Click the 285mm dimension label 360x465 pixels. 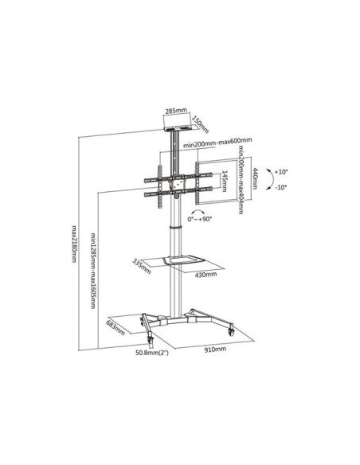pyautogui.click(x=176, y=111)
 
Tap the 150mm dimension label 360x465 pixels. pyautogui.click(x=201, y=124)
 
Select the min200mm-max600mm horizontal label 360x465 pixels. pyautogui.click(x=217, y=143)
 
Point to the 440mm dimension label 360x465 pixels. pyautogui.click(x=254, y=178)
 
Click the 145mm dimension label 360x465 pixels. pyautogui.click(x=225, y=181)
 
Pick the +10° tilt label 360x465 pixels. pyautogui.click(x=281, y=172)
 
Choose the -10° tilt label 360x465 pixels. pyautogui.click(x=280, y=187)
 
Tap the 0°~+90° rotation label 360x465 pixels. pyautogui.click(x=200, y=219)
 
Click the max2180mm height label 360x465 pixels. pyautogui.click(x=74, y=244)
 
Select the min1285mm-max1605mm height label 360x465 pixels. pyautogui.click(x=93, y=271)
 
